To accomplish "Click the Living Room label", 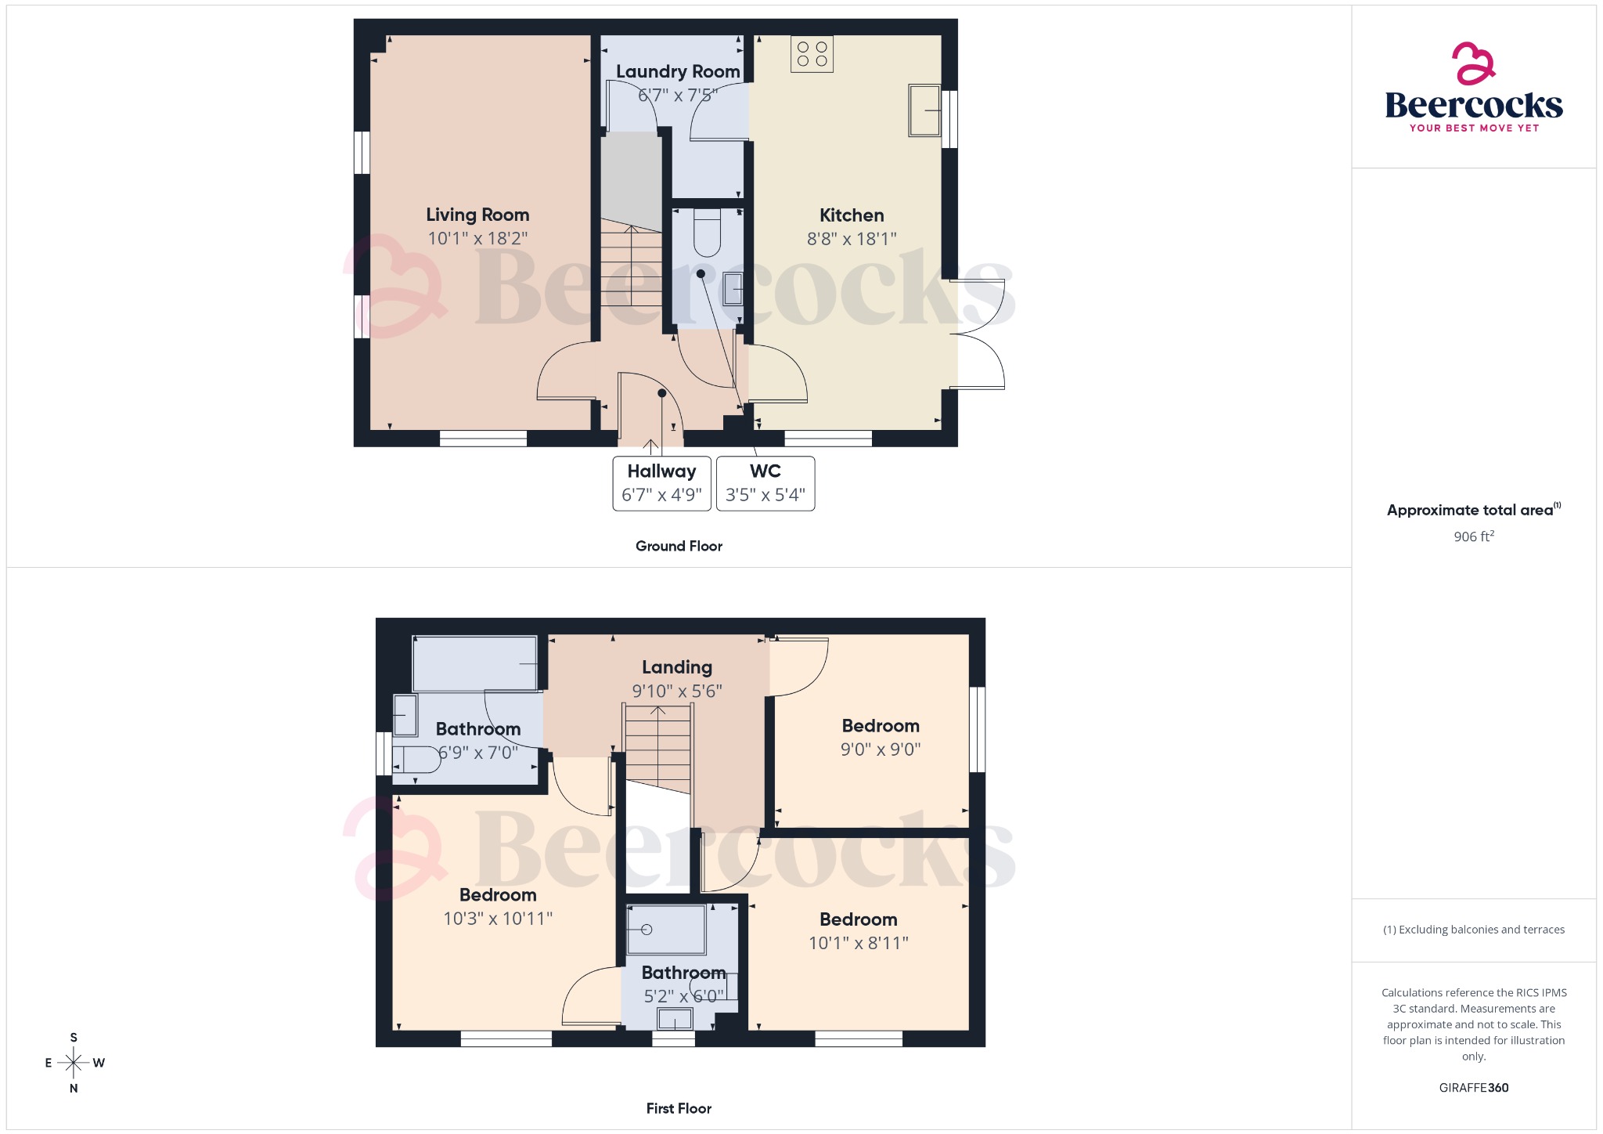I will click(x=477, y=215).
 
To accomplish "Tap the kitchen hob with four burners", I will click(x=812, y=54).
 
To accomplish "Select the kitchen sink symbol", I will click(x=924, y=110).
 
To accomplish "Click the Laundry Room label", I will click(x=678, y=71).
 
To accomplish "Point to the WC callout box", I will click(x=765, y=483).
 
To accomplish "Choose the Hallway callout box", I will click(x=661, y=483).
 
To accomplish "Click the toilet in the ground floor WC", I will click(x=707, y=233).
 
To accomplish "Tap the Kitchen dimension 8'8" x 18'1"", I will click(x=852, y=239).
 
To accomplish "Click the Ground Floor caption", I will click(x=679, y=546).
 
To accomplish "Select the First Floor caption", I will click(x=679, y=1108).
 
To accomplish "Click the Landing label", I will click(x=677, y=667).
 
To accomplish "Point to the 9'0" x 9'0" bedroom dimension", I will click(x=881, y=749).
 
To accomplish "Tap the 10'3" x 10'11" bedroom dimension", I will click(x=498, y=919).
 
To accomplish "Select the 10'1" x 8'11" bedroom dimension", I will click(x=859, y=943).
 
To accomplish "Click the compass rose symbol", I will click(x=74, y=1063).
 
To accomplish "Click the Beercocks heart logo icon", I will click(x=1473, y=63).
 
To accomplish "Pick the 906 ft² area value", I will click(x=1474, y=536).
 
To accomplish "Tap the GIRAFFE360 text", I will click(x=1474, y=1088).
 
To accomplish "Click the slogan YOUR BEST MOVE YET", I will click(x=1474, y=128).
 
